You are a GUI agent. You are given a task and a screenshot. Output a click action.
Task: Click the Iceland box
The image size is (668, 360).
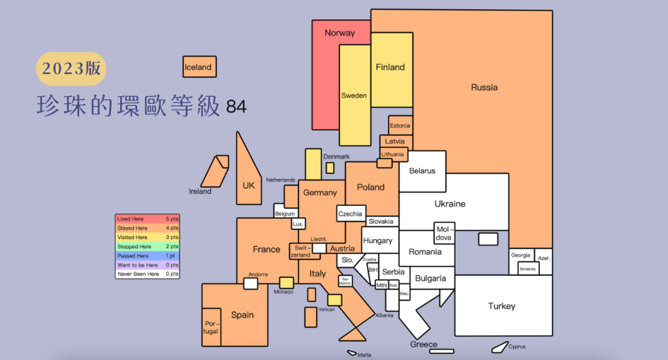click(199, 67)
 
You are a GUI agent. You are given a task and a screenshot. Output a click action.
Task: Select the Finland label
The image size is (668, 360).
click(390, 67)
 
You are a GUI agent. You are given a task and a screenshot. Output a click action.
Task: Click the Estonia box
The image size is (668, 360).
click(400, 125)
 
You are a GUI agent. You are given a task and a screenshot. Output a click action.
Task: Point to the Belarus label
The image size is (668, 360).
click(422, 171)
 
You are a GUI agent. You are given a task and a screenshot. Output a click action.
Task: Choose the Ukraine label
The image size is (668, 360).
click(450, 204)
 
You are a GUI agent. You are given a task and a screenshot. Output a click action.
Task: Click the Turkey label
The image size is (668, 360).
click(501, 306)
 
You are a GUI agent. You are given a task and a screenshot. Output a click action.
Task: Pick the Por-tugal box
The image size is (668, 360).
click(211, 327)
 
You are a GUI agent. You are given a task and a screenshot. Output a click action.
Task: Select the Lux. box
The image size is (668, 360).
click(298, 223)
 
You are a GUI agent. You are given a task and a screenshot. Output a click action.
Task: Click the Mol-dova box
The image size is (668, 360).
click(444, 233)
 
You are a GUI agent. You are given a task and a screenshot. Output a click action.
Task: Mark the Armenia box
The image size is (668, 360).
click(528, 269)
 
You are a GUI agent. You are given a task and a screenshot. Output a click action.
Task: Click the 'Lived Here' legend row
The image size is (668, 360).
click(147, 218)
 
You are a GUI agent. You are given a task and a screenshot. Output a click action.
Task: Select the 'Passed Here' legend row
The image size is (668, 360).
click(147, 256)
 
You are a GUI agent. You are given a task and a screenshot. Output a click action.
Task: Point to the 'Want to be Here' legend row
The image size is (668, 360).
click(147, 265)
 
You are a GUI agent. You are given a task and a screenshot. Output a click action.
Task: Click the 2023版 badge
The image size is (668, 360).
click(71, 69)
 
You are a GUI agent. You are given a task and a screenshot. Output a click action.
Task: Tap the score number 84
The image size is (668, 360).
click(236, 106)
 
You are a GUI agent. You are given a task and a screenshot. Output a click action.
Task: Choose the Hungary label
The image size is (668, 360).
click(377, 240)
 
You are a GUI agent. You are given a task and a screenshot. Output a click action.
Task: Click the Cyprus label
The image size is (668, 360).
click(517, 346)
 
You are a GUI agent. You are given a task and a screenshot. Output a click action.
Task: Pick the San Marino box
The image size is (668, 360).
click(345, 281)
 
